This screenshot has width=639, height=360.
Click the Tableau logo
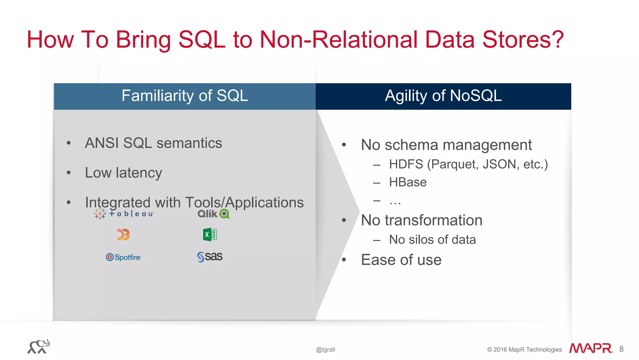click(124, 214)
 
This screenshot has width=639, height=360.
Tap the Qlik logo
click(213, 214)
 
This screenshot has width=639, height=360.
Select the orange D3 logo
click(123, 234)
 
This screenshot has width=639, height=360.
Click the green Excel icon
click(210, 234)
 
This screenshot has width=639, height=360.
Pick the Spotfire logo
click(124, 257)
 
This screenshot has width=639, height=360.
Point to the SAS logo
click(210, 257)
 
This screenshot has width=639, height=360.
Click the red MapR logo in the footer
click(591, 348)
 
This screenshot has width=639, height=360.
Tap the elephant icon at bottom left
click(38, 347)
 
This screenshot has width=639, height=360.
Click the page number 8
click(621, 349)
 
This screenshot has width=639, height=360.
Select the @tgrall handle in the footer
click(325, 350)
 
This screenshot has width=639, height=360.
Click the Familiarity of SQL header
click(185, 96)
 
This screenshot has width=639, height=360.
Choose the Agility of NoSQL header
click(443, 96)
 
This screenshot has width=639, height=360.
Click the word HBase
click(407, 182)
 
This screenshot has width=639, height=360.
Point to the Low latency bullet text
click(124, 173)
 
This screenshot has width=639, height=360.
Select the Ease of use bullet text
click(401, 260)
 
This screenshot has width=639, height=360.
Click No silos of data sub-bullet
click(432, 240)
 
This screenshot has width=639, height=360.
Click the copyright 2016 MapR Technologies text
click(524, 350)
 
